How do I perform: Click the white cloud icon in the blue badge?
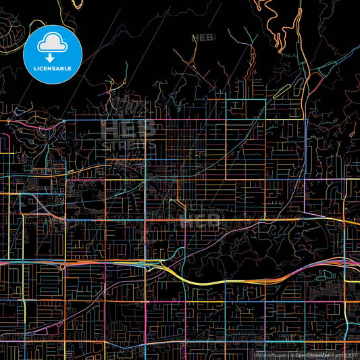[x=52, y=42]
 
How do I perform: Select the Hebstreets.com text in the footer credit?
[x=269, y=354]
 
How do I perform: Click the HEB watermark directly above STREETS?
[x=128, y=128]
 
